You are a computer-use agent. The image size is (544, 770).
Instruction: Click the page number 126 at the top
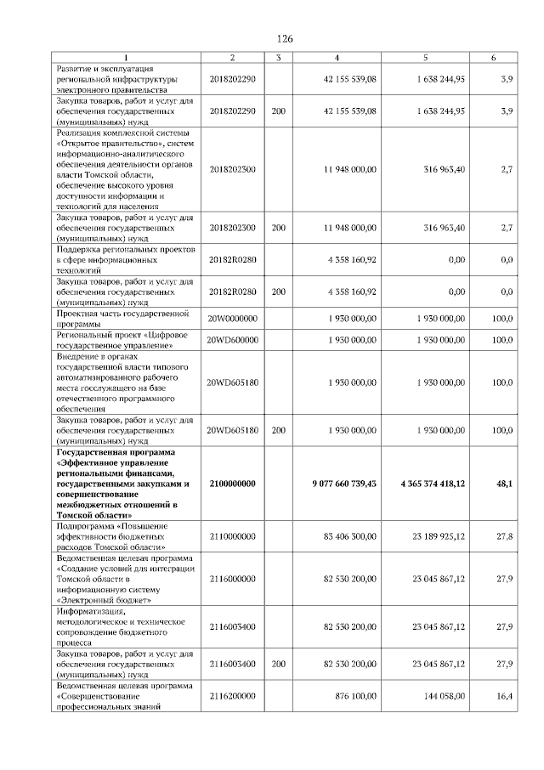pyautogui.click(x=285, y=39)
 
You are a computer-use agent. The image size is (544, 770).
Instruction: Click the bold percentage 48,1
pyautogui.click(x=504, y=483)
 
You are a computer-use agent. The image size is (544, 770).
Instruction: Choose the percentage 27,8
pyautogui.click(x=505, y=537)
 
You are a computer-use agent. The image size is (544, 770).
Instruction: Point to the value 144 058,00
pyautogui.click(x=445, y=695)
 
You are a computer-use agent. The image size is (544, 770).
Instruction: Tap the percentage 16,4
pyautogui.click(x=505, y=695)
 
